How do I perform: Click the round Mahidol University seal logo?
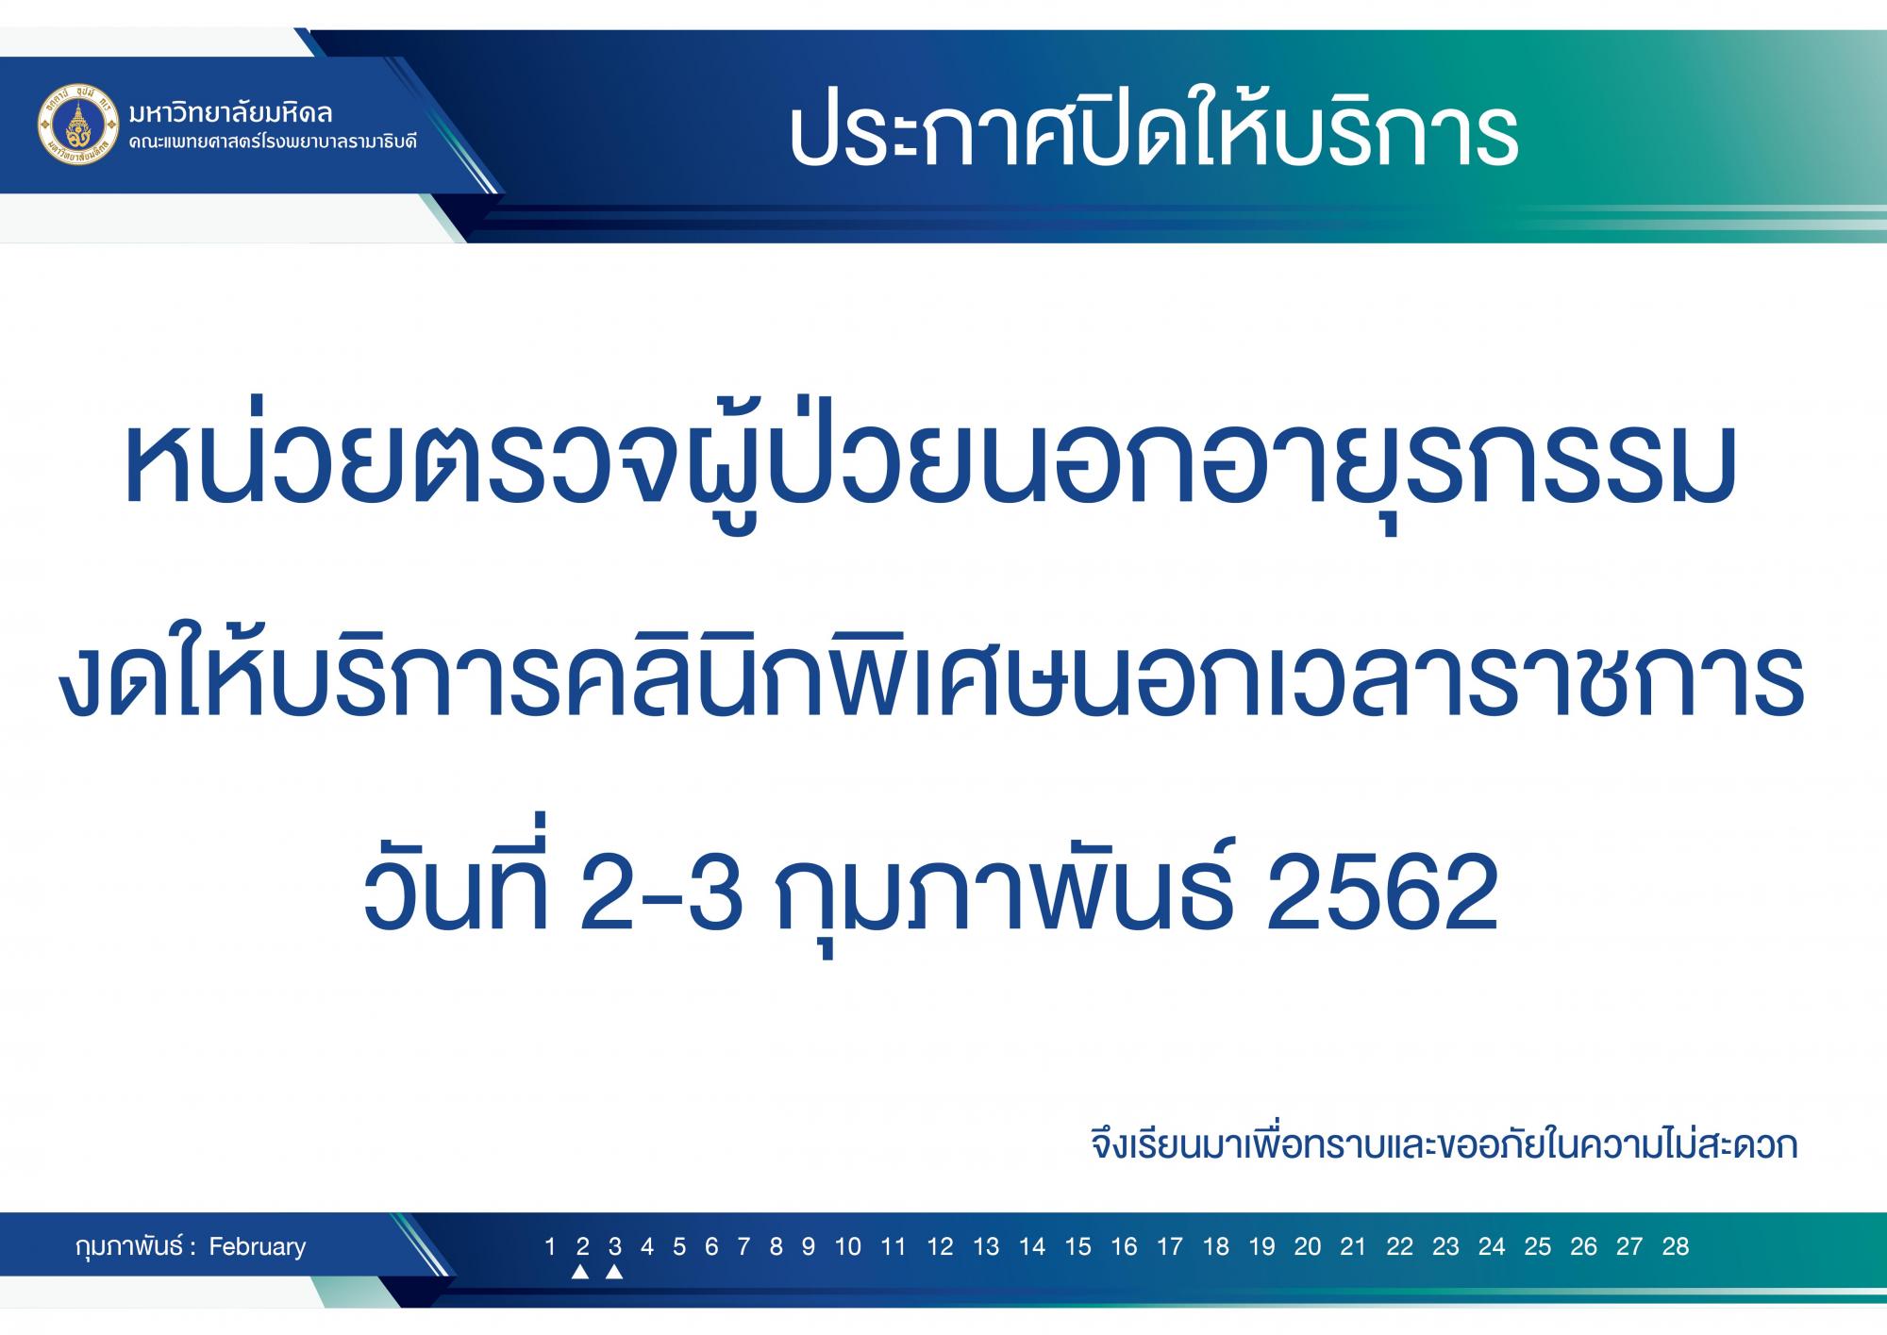tap(79, 125)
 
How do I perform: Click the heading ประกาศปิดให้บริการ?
tap(1152, 133)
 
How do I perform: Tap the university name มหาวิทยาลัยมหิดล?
tap(231, 112)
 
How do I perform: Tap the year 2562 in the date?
tap(1382, 891)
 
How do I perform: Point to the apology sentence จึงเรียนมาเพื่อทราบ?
tap(1444, 1144)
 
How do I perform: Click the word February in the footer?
tap(258, 1246)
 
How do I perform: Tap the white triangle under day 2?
tap(581, 1272)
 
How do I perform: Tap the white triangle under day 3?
tap(614, 1272)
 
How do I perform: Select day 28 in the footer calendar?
tap(1675, 1246)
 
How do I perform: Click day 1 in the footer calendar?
tap(550, 1246)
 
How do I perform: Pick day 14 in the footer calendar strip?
tap(1032, 1246)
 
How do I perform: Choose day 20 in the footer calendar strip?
tap(1308, 1246)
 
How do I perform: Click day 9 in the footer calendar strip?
tap(809, 1246)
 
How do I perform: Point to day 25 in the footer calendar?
tap(1537, 1246)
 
